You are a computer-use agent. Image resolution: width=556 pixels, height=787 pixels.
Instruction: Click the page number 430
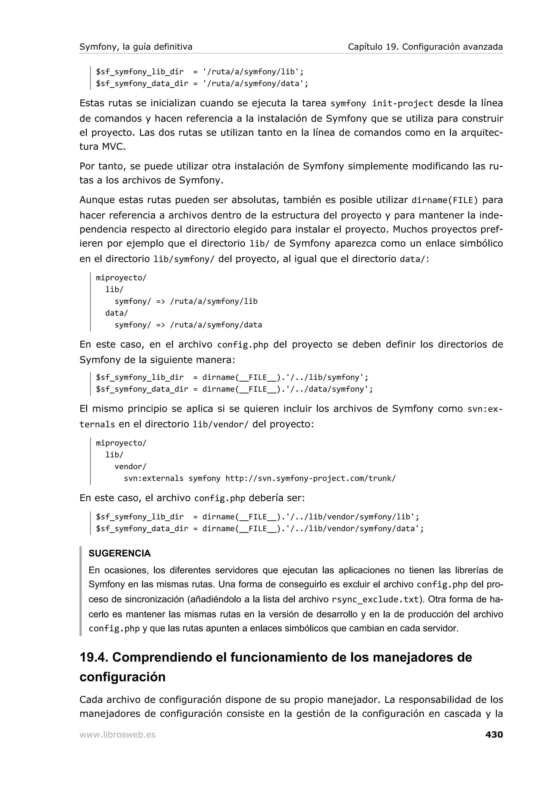point(494,735)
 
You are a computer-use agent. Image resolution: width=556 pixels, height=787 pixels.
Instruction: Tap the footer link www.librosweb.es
point(118,735)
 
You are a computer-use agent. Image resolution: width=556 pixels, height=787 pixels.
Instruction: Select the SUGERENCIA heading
point(119,553)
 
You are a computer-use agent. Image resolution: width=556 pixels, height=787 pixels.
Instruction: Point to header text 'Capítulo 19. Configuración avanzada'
point(425,47)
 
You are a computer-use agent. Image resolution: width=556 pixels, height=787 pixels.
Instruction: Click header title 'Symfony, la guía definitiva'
point(136,47)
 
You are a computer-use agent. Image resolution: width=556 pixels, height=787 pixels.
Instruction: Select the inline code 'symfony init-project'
point(382,103)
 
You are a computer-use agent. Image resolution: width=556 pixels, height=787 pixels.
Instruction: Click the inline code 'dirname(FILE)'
point(444,200)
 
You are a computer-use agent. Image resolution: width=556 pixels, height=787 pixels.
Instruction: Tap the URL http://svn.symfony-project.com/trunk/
point(310,479)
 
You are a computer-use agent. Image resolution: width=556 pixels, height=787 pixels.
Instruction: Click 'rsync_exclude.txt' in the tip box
point(375,600)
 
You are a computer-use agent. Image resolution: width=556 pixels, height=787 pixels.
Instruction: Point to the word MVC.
point(114,147)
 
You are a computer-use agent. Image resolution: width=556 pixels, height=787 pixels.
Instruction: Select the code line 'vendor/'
point(130,467)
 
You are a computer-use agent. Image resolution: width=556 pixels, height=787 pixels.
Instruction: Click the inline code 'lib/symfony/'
point(184,259)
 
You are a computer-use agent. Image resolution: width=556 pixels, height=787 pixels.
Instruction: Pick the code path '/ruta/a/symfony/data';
point(255,84)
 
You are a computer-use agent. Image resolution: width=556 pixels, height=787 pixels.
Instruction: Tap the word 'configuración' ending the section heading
point(122,677)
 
